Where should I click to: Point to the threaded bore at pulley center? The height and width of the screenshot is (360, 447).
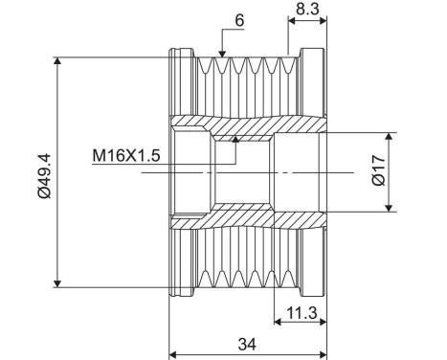(x=239, y=172)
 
